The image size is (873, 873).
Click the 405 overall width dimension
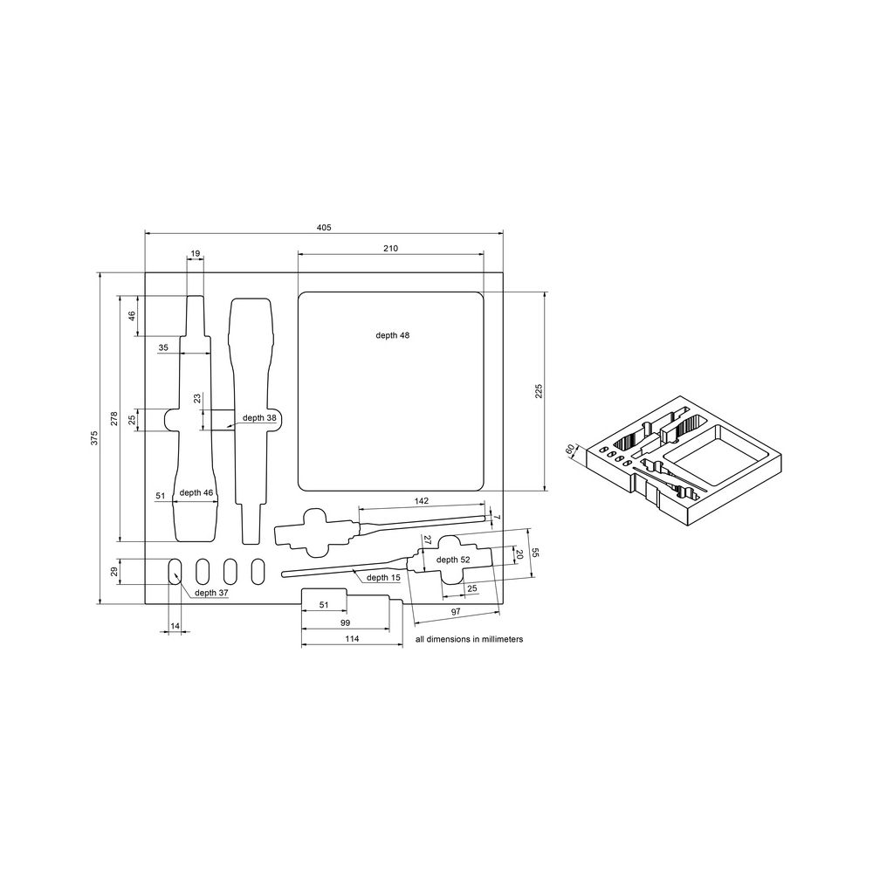point(324,227)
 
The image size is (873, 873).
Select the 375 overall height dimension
point(94,437)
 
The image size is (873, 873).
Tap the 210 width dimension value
point(390,248)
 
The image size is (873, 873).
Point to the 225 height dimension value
point(539,391)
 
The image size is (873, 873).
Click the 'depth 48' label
point(393,335)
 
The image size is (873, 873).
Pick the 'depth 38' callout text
point(259,417)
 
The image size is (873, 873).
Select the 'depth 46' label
point(196,492)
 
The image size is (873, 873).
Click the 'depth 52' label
point(452,560)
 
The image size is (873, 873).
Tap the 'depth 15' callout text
point(383,577)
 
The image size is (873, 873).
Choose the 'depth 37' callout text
point(211,593)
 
